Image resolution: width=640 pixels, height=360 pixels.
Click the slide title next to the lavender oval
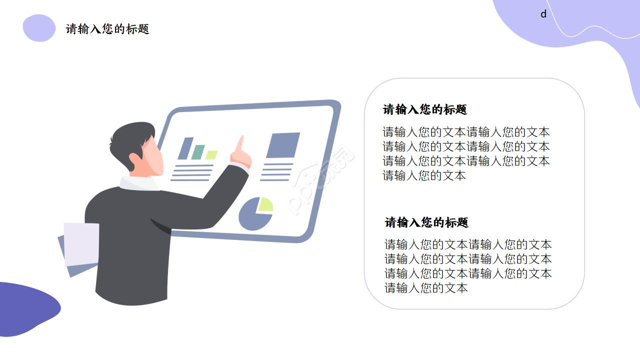(107, 29)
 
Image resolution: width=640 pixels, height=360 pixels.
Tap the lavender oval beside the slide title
(39, 28)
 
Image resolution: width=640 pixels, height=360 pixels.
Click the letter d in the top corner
(543, 14)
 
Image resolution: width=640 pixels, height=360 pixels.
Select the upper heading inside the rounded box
(425, 109)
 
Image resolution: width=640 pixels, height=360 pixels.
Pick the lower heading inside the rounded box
(426, 222)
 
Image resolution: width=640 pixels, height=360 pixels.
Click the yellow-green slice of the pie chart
(265, 204)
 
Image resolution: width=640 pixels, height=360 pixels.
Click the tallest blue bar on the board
(185, 148)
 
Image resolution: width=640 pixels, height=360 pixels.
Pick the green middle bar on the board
(198, 152)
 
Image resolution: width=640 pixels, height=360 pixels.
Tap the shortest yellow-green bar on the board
(211, 155)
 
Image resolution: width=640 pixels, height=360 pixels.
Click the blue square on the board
(283, 145)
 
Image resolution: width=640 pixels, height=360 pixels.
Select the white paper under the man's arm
(81, 243)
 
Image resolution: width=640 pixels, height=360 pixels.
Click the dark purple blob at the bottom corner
(27, 307)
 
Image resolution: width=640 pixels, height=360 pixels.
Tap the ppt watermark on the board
(322, 180)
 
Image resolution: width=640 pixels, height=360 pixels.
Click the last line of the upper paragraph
(424, 175)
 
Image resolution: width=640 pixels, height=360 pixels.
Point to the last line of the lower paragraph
(426, 288)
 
